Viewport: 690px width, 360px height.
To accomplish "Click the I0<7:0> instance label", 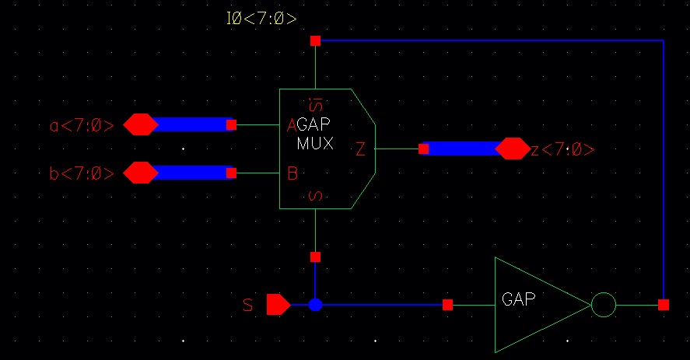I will pyautogui.click(x=261, y=18).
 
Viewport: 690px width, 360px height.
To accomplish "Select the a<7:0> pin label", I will pyautogui.click(x=82, y=125).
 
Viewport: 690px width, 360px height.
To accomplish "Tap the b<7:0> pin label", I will pyautogui.click(x=82, y=173).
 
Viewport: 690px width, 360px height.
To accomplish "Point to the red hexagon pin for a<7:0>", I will pyautogui.click(x=141, y=124).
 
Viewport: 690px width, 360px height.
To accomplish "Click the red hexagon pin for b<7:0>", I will pyautogui.click(x=141, y=172).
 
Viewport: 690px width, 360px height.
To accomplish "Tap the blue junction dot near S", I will pyautogui.click(x=315, y=305).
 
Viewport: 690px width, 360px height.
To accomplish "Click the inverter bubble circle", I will pyautogui.click(x=604, y=305).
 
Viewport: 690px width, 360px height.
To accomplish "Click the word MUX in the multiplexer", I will pyautogui.click(x=315, y=144).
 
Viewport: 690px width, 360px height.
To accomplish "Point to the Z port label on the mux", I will pyautogui.click(x=360, y=149).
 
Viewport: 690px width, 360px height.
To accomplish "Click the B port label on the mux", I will pyautogui.click(x=292, y=173).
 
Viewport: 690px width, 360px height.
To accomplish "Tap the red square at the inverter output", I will pyautogui.click(x=663, y=305).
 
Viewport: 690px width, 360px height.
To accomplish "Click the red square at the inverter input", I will pyautogui.click(x=447, y=305).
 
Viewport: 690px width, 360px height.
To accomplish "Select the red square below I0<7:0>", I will pyautogui.click(x=315, y=40).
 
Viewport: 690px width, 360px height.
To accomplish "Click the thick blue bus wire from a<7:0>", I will pyautogui.click(x=191, y=124).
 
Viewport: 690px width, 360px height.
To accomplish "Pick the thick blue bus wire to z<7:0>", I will pyautogui.click(x=463, y=148).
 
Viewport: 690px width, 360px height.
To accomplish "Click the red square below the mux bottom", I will pyautogui.click(x=315, y=257).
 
